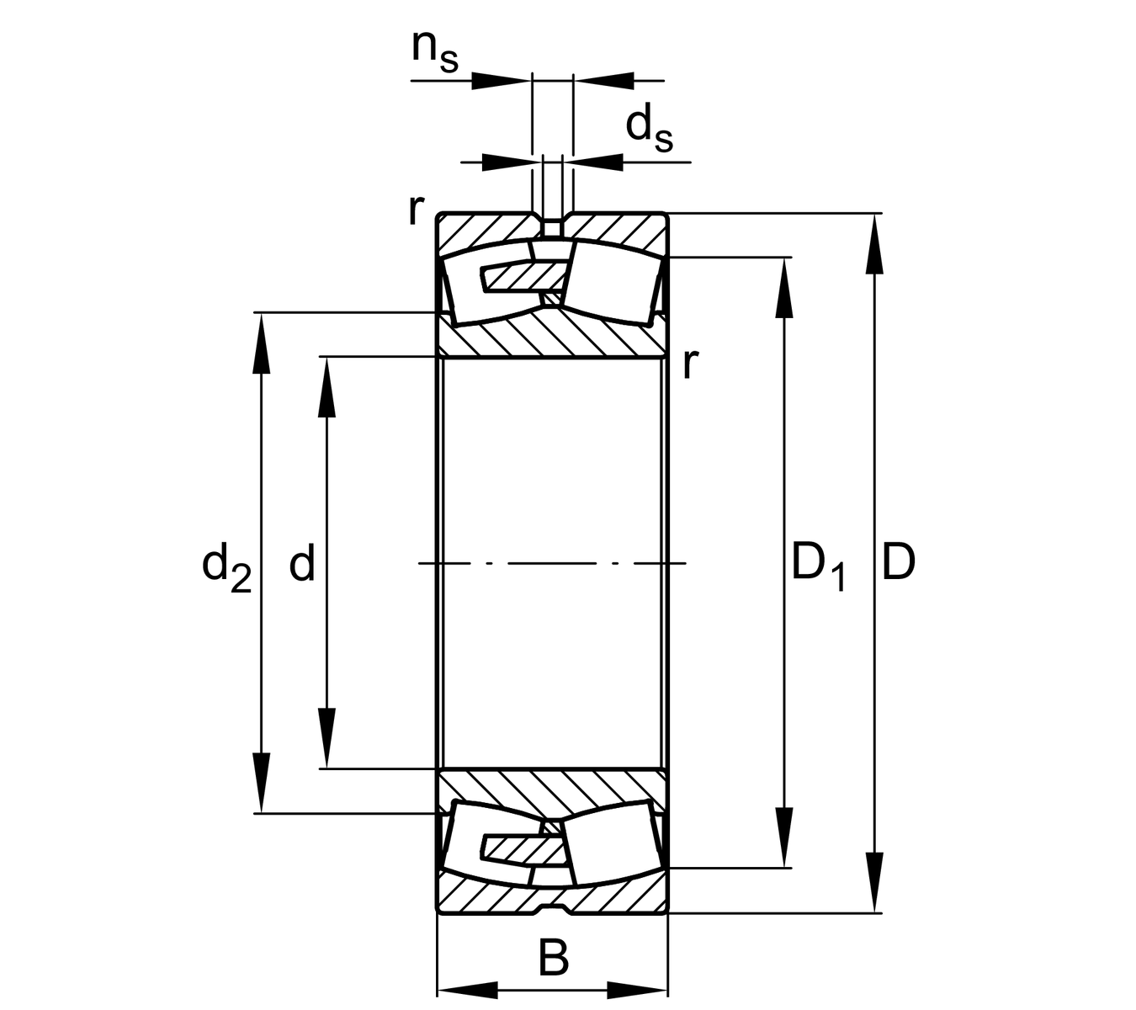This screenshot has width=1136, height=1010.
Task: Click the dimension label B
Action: [x=553, y=958]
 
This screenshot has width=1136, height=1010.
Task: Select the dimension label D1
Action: [x=817, y=567]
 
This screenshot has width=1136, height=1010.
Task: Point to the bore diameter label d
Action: [x=301, y=563]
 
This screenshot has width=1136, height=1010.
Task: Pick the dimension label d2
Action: [x=226, y=567]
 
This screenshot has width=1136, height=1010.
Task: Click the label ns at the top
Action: [x=434, y=50]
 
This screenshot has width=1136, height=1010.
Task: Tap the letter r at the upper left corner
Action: [x=414, y=210]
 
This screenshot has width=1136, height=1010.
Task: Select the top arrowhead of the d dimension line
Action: [x=326, y=387]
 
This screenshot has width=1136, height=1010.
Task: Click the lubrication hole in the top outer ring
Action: [x=552, y=228]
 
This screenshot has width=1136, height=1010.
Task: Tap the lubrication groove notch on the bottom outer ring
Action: [x=552, y=907]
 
